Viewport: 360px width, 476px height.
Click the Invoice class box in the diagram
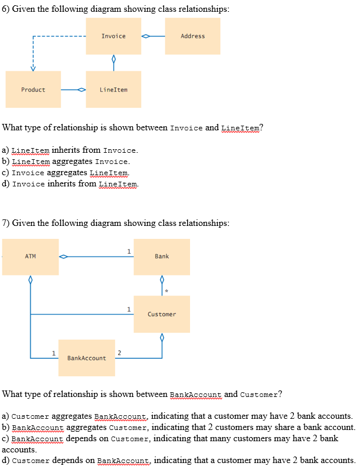[x=113, y=36]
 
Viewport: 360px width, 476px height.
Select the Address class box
[x=192, y=36]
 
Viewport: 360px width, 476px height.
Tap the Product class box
[x=33, y=90]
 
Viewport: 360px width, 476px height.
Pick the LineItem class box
[x=113, y=90]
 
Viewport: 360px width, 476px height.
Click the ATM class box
[x=31, y=257]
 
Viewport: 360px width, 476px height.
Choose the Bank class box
[x=162, y=257]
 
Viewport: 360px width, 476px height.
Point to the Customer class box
[x=162, y=314]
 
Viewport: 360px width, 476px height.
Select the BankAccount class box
[x=87, y=358]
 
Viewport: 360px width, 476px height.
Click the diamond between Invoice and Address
[x=146, y=36]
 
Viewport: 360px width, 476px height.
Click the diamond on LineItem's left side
[x=82, y=90]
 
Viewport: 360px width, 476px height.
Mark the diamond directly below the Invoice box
[x=113, y=60]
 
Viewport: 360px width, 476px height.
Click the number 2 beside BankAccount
[x=120, y=353]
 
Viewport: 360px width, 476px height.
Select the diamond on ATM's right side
[x=63, y=257]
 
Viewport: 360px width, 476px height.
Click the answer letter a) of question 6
[x=6, y=150]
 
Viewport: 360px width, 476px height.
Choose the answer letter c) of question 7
[x=6, y=438]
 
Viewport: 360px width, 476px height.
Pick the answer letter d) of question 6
[x=6, y=184]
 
